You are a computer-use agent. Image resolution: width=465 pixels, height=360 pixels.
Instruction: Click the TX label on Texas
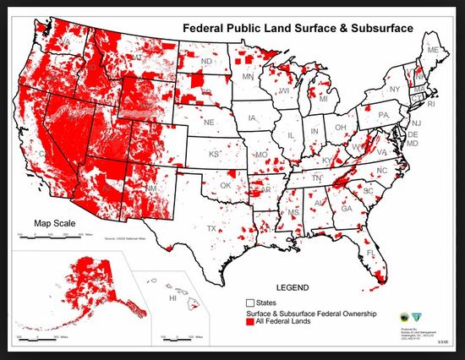211,229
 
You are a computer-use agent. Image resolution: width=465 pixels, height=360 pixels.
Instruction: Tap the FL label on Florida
370,253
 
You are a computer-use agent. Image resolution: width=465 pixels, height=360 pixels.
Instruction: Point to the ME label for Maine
433,51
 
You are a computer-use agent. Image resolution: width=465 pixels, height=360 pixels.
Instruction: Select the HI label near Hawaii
172,298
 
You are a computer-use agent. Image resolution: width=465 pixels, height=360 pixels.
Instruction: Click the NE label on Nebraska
209,122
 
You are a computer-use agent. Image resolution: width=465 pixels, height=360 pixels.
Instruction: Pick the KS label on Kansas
215,155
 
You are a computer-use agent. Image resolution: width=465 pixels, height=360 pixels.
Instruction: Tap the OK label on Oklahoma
225,185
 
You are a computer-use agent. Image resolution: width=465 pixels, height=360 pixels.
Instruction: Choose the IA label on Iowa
252,118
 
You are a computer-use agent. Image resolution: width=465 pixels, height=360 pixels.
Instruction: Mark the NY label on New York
394,90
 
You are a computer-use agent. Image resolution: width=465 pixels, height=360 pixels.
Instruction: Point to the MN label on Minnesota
249,77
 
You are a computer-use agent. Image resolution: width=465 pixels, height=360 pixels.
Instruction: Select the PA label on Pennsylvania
383,114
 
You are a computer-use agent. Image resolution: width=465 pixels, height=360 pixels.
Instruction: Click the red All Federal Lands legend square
249,322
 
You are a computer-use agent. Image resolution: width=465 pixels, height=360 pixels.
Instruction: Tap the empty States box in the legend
249,302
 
